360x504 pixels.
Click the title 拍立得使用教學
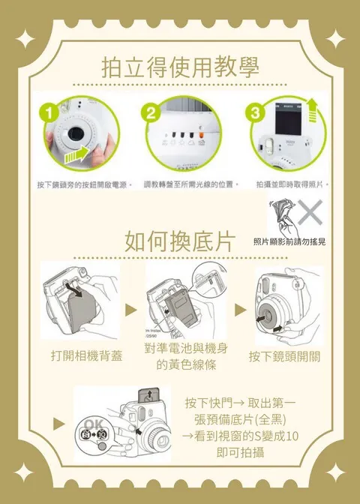coord(180,67)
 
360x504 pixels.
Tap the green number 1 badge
coord(49,112)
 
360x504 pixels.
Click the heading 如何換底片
coord(179,241)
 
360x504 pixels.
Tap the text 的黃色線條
coord(187,364)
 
